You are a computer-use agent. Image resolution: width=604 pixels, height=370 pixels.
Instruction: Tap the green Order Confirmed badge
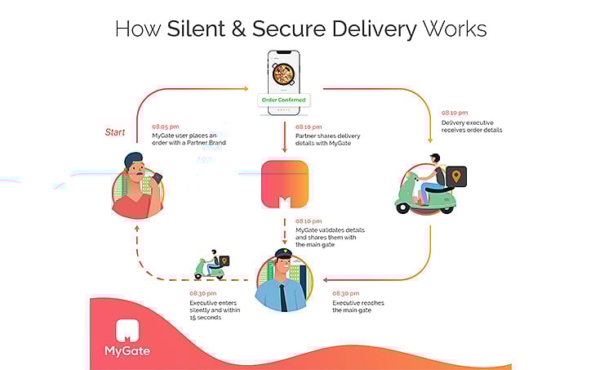[283, 100]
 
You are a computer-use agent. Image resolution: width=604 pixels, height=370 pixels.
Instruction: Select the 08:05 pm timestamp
[167, 127]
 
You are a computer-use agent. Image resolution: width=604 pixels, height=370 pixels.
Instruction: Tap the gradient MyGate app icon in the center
[285, 185]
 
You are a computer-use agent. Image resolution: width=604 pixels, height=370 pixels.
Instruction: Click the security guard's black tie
[284, 296]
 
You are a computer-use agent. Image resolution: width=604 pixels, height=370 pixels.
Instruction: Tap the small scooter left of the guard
[211, 266]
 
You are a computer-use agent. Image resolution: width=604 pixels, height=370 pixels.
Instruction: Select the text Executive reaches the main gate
[358, 307]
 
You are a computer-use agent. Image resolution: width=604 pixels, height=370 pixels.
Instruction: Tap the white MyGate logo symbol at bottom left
[127, 329]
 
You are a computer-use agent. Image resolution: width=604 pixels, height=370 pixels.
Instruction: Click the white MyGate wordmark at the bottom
[127, 353]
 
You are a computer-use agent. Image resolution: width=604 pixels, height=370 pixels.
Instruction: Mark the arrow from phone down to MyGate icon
[284, 136]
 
